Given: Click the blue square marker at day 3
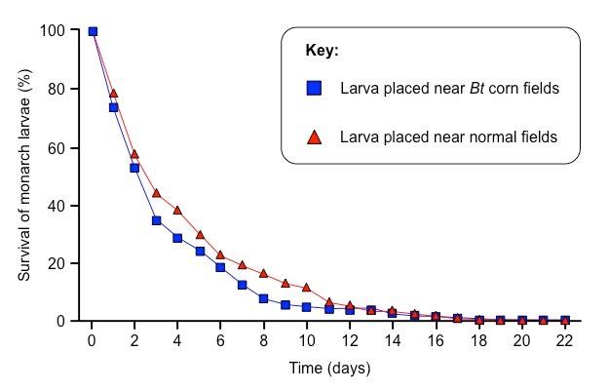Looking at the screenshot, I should click(x=156, y=220).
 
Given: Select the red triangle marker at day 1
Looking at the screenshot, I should click(x=113, y=94).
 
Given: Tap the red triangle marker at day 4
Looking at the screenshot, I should click(x=177, y=210).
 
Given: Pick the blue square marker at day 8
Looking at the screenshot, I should click(x=263, y=298).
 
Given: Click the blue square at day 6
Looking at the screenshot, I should click(x=220, y=267).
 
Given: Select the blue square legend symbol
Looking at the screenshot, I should click(x=314, y=88).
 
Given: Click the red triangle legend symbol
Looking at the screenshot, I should click(x=314, y=137).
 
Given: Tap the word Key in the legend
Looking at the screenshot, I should click(x=322, y=51).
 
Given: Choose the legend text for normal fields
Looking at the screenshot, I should click(x=448, y=137).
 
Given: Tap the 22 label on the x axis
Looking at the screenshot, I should click(x=564, y=340).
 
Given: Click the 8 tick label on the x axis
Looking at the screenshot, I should click(x=263, y=340).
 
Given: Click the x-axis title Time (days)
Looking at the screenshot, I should click(x=329, y=369).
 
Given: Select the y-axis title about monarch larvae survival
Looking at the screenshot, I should click(x=25, y=175).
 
